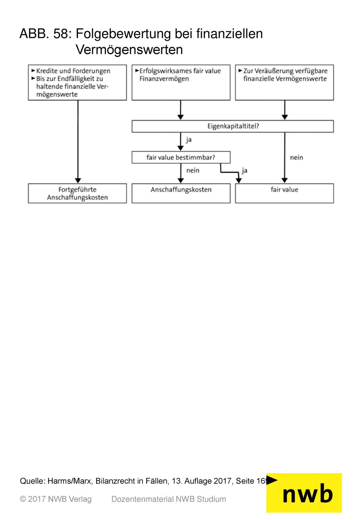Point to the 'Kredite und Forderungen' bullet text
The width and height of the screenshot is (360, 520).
pyautogui.click(x=73, y=71)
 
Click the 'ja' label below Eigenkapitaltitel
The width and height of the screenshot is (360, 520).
pyautogui.click(x=188, y=140)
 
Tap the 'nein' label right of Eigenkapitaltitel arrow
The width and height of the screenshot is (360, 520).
pyautogui.click(x=296, y=158)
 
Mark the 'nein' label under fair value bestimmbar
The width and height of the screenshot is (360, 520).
pyautogui.click(x=193, y=171)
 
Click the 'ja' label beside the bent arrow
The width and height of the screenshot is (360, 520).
pyautogui.click(x=244, y=171)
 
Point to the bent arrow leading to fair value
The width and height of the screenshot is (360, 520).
pyautogui.click(x=229, y=172)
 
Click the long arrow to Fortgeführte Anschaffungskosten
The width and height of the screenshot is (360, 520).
pyautogui.click(x=78, y=142)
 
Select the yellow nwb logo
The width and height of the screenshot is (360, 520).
pyautogui.click(x=304, y=493)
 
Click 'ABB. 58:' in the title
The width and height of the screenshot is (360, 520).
pyautogui.click(x=46, y=33)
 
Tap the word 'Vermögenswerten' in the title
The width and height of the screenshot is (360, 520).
pyautogui.click(x=129, y=50)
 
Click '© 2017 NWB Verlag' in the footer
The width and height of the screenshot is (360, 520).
pyautogui.click(x=56, y=499)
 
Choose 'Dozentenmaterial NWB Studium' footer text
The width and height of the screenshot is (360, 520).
pyautogui.click(x=168, y=499)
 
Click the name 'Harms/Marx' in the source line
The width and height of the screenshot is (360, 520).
pyautogui.click(x=69, y=481)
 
